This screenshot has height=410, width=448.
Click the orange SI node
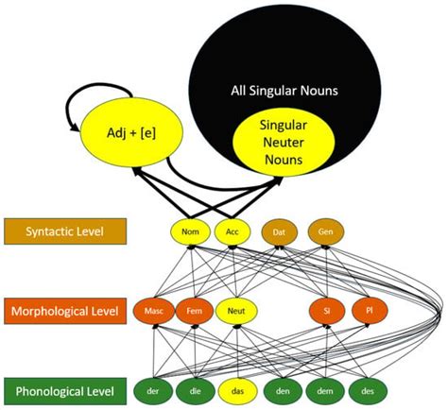point(324,309)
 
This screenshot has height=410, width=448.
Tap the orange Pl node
point(367,309)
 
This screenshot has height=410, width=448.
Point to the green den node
point(280,389)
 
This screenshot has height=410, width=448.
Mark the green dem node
point(324,389)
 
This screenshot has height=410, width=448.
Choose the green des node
point(367,389)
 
